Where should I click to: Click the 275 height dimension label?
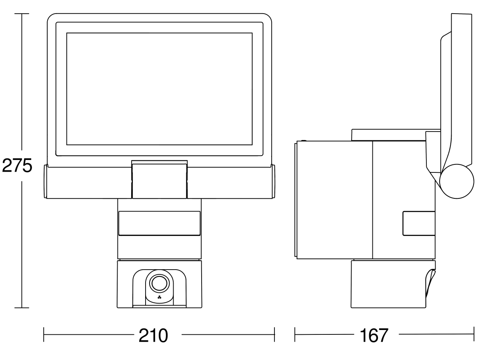click(17, 166)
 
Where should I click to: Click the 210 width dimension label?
click(153, 336)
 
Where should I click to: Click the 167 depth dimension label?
click(374, 336)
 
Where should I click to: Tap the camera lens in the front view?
click(160, 283)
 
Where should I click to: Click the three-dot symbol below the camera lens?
click(160, 297)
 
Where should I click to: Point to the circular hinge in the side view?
click(457, 182)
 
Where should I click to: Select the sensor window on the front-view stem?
click(160, 223)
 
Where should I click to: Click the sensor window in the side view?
click(419, 223)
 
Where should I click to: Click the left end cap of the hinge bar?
click(45, 182)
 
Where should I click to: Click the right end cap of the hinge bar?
click(274, 182)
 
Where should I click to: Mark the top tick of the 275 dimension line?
click(22, 14)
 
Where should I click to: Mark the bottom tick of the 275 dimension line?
click(22, 308)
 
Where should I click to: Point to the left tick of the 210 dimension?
click(44, 334)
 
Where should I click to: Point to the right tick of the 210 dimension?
click(274, 334)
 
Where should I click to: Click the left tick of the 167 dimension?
click(295, 334)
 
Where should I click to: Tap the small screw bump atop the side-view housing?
click(304, 141)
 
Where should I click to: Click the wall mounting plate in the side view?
click(296, 200)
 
